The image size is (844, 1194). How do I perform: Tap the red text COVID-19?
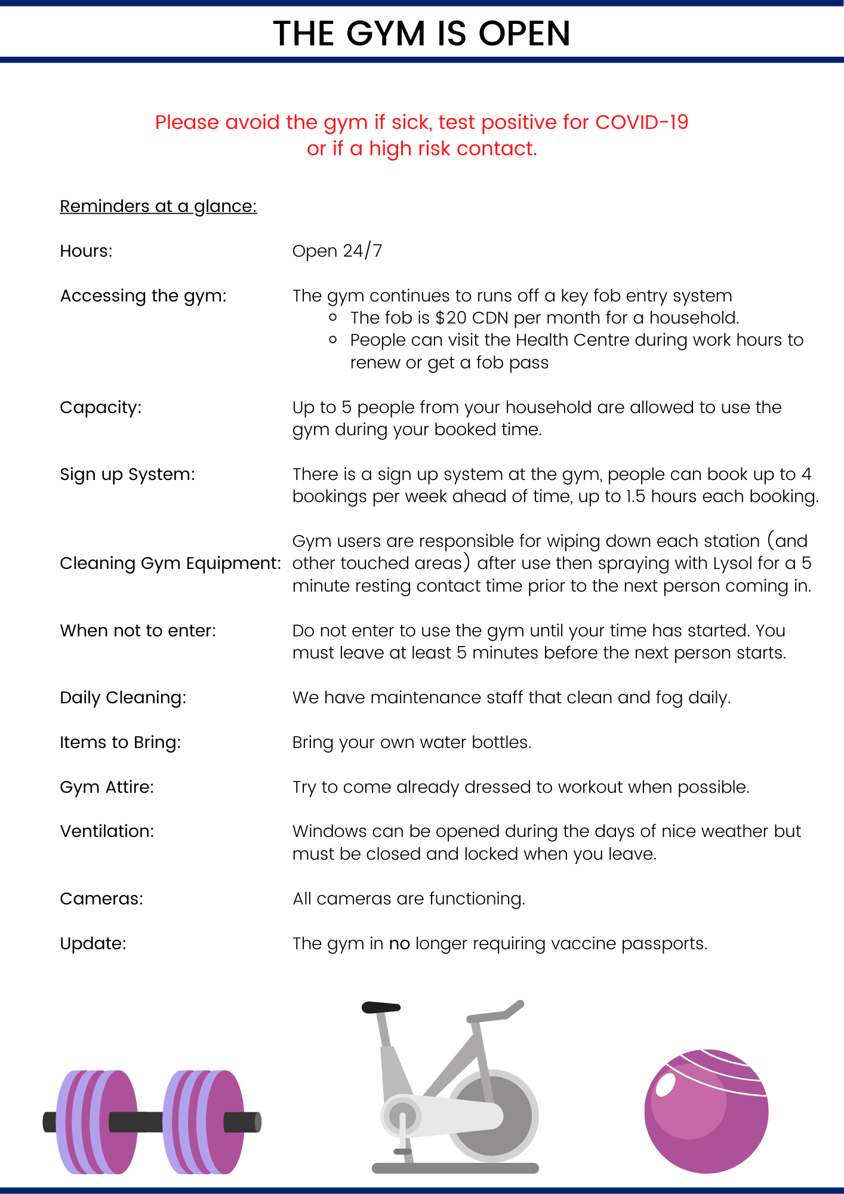tap(642, 122)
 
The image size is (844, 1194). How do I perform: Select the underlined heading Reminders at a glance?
tap(158, 207)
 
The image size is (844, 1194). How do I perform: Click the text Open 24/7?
tap(337, 251)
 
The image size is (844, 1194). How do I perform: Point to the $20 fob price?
tap(451, 318)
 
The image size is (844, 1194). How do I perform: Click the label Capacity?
tap(101, 408)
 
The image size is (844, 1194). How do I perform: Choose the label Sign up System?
tap(127, 475)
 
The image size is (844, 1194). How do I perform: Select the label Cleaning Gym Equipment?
tap(170, 564)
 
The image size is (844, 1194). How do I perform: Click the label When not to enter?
tap(138, 631)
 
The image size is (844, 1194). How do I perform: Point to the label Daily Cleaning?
tap(123, 698)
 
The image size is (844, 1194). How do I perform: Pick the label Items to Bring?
tap(120, 743)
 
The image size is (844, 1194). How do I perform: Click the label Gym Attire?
tap(107, 787)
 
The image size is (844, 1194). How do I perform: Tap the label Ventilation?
tap(107, 832)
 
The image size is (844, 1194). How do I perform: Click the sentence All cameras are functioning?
tap(409, 899)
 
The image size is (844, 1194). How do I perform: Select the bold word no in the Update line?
tap(399, 944)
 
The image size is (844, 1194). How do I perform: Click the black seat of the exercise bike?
tap(380, 1007)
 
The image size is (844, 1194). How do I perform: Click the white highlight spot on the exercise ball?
tap(665, 1085)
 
